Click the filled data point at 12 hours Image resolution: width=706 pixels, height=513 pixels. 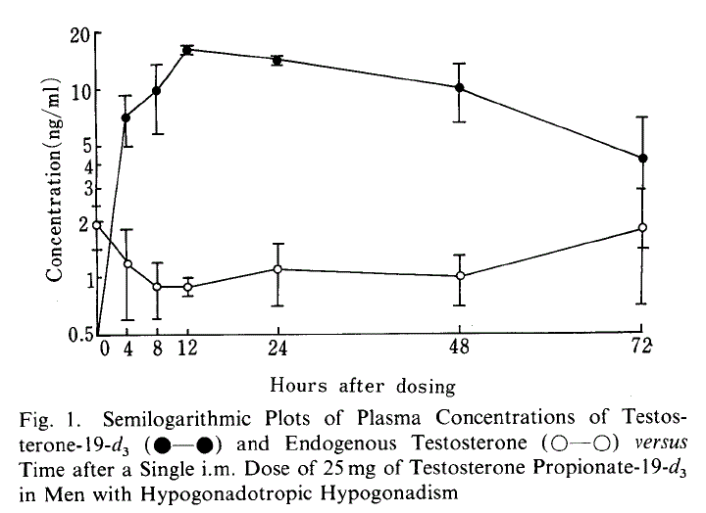click(186, 49)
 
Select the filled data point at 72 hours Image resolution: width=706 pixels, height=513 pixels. click(642, 158)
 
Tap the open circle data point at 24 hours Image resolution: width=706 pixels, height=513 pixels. click(277, 269)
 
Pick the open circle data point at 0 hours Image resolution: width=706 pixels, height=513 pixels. click(96, 224)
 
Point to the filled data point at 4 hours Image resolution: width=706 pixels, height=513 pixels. click(126, 117)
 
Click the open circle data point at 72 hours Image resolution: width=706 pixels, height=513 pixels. click(642, 227)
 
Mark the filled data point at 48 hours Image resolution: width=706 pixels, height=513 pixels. click(459, 87)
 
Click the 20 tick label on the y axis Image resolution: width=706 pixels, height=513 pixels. click(77, 35)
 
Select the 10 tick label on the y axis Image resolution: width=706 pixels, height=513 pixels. click(77, 91)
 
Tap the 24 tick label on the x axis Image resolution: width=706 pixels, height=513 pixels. click(277, 347)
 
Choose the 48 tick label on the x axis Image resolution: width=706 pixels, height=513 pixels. click(459, 347)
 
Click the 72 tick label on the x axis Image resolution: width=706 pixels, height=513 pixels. click(642, 347)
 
